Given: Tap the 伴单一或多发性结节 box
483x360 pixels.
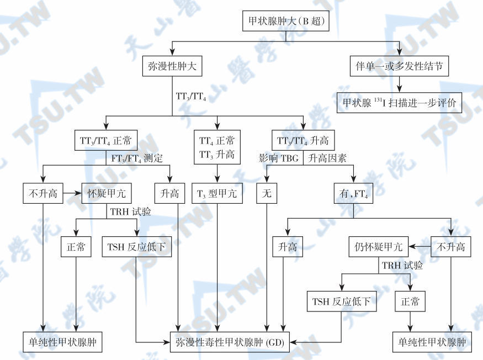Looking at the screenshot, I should tap(400, 67).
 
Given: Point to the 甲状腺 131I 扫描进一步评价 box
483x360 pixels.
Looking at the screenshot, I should tap(400, 102).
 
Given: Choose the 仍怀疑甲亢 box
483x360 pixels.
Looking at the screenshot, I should tap(379, 246).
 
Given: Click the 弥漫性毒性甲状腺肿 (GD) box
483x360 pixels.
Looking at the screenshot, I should tap(230, 342).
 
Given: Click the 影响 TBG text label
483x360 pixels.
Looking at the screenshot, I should tap(279, 158).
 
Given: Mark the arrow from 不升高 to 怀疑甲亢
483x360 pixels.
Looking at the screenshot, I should tap(72, 194).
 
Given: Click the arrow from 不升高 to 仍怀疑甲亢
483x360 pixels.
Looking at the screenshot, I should tap(421, 246).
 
